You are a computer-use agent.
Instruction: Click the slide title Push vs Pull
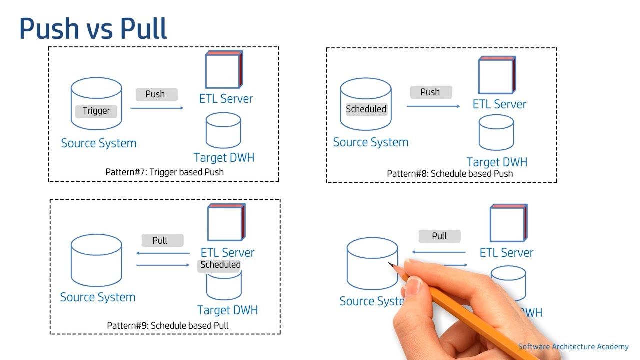click(x=93, y=29)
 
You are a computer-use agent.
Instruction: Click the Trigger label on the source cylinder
click(x=96, y=111)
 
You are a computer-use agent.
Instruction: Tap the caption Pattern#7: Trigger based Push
click(x=164, y=172)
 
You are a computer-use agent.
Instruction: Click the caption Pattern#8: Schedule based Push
click(x=450, y=173)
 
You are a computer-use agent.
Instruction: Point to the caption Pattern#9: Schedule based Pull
click(x=168, y=325)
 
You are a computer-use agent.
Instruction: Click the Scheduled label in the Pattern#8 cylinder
click(x=366, y=109)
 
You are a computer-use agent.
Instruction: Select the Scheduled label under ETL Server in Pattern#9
click(x=220, y=265)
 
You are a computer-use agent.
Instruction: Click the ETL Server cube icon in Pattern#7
click(x=224, y=70)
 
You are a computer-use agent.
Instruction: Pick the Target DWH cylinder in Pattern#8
click(x=496, y=133)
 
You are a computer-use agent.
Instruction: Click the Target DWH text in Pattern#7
click(x=224, y=158)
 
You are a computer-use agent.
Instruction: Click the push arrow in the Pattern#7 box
click(x=157, y=108)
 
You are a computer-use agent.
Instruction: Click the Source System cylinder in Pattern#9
click(x=96, y=260)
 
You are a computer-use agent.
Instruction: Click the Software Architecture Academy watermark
click(x=573, y=347)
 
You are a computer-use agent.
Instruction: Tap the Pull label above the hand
click(x=439, y=236)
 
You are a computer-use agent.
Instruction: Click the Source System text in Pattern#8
click(x=371, y=142)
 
